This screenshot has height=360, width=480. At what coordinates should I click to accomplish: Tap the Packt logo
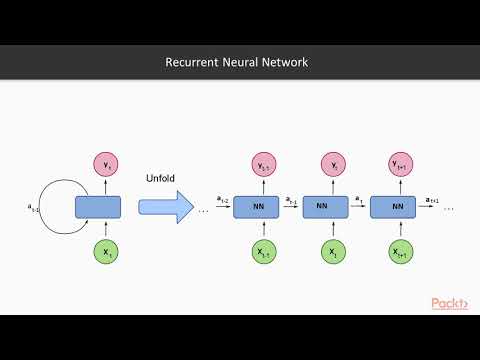pyautogui.click(x=451, y=303)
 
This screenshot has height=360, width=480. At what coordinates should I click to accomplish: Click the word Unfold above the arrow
pyautogui.click(x=160, y=177)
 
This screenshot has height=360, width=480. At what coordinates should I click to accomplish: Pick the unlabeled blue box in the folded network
pyautogui.click(x=98, y=207)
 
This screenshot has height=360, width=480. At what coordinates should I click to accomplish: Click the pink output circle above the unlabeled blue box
pyautogui.click(x=105, y=163)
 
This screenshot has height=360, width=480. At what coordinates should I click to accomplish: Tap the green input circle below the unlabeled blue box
pyautogui.click(x=105, y=253)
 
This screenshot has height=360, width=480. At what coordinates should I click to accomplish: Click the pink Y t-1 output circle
pyautogui.click(x=264, y=164)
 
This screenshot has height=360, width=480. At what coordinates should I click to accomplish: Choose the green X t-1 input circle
pyautogui.click(x=264, y=253)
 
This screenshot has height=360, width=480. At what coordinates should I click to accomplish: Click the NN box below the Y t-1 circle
pyautogui.click(x=258, y=207)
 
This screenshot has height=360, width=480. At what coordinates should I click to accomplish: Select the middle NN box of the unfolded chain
pyautogui.click(x=321, y=207)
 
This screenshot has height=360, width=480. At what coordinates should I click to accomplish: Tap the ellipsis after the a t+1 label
pyautogui.click(x=449, y=209)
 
